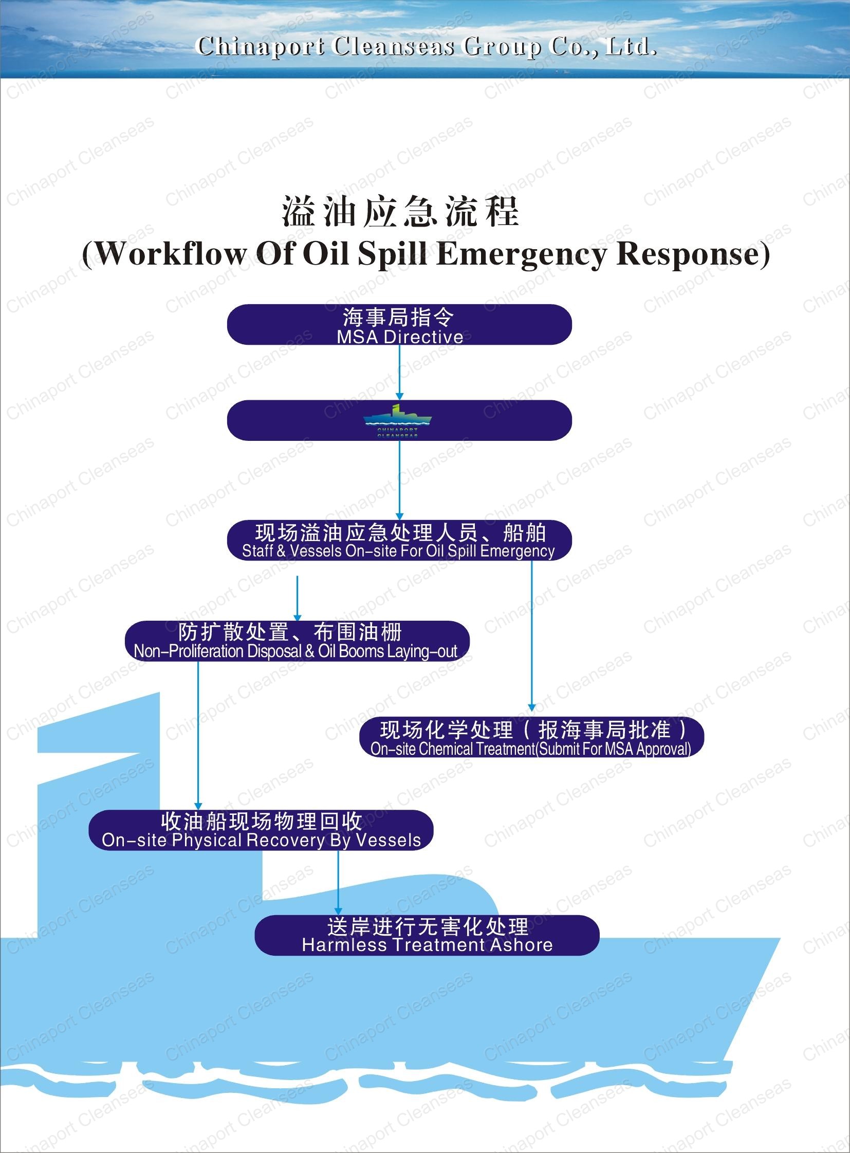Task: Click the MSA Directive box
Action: point(399,325)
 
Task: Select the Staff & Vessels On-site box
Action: point(399,540)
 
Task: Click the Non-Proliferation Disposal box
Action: point(297,641)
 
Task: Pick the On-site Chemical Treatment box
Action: point(531,737)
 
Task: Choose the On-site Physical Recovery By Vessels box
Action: point(261,830)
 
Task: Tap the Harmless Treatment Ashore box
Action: point(427,935)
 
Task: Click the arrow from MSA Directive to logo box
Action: point(399,373)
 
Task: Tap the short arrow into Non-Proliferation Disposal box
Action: point(298,598)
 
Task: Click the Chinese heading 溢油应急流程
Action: point(400,212)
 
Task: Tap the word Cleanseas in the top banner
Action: point(393,47)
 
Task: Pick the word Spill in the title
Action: point(392,254)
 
